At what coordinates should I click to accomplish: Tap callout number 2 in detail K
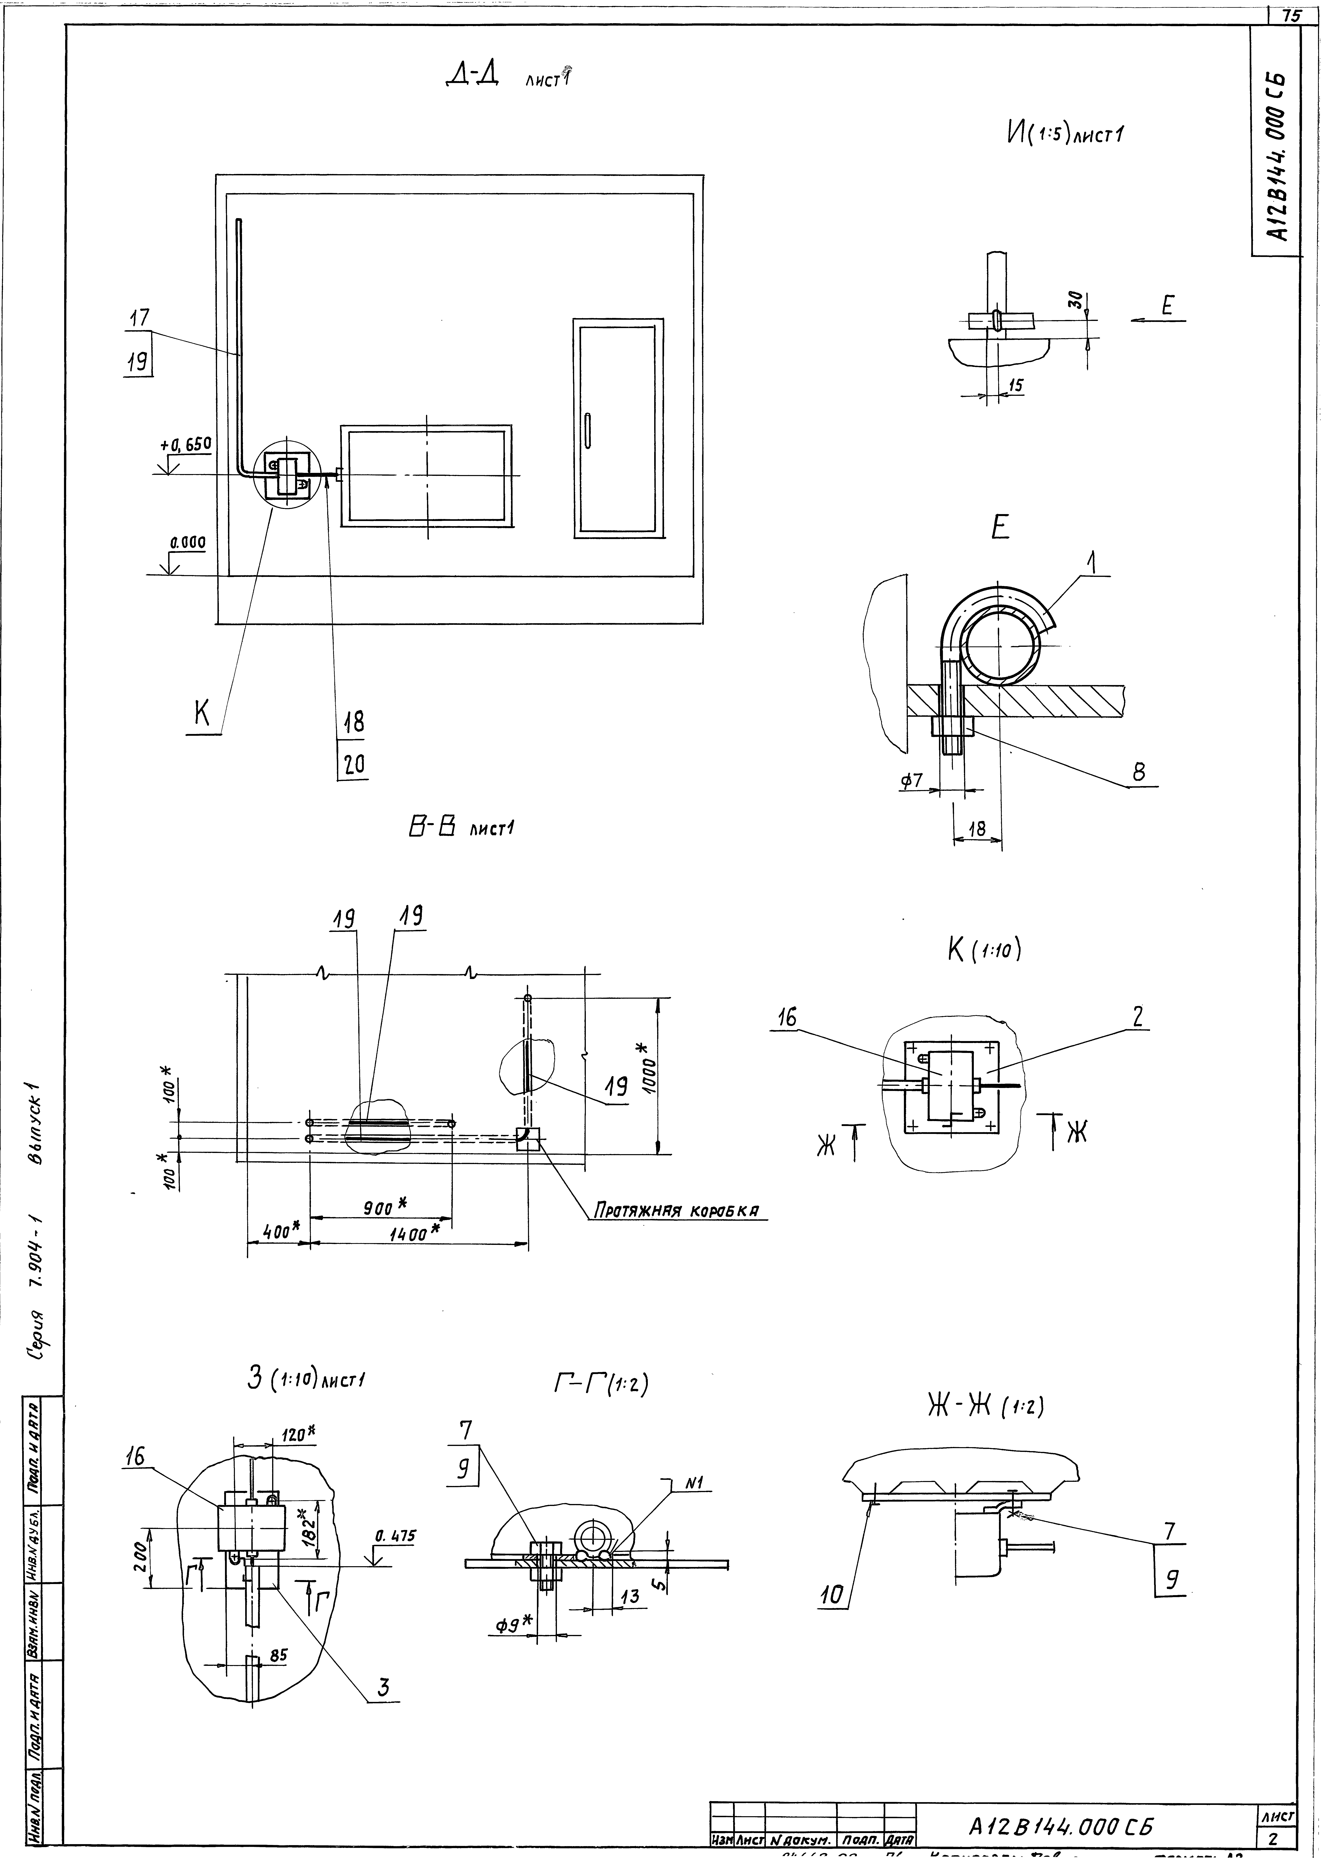coord(1137,1015)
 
